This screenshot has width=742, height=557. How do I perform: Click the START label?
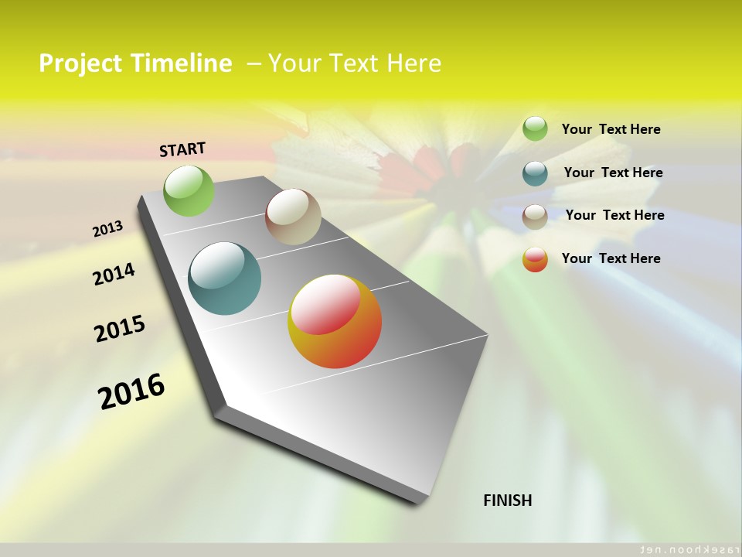pyautogui.click(x=182, y=149)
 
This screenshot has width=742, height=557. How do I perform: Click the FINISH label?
pyautogui.click(x=508, y=501)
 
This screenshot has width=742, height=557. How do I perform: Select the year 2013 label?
pyautogui.click(x=108, y=229)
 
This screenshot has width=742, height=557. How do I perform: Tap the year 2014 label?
pyautogui.click(x=114, y=274)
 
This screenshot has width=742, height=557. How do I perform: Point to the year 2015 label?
pyautogui.click(x=120, y=329)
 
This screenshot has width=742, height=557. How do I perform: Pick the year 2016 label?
pyautogui.click(x=131, y=391)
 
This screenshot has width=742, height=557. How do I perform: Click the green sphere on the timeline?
pyautogui.click(x=189, y=190)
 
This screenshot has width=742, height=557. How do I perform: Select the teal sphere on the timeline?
pyautogui.click(x=225, y=278)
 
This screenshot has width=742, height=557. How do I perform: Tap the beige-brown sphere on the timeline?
pyautogui.click(x=293, y=217)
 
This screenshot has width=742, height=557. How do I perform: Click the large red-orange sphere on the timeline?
pyautogui.click(x=335, y=321)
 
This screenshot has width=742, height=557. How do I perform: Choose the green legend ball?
pyautogui.click(x=535, y=128)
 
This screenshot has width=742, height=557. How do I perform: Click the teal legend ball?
pyautogui.click(x=535, y=173)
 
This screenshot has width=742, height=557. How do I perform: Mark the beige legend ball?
pyautogui.click(x=535, y=217)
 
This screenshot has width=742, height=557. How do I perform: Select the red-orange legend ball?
pyautogui.click(x=535, y=259)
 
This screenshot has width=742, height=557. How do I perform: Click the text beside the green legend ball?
pyautogui.click(x=611, y=129)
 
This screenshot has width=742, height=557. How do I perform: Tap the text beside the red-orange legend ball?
pyautogui.click(x=611, y=258)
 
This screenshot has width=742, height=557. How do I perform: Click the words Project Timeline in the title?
pyautogui.click(x=135, y=63)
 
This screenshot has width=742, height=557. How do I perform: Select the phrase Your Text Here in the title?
pyautogui.click(x=354, y=63)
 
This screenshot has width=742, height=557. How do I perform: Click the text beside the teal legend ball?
pyautogui.click(x=613, y=173)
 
